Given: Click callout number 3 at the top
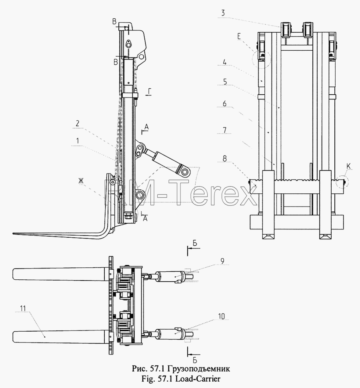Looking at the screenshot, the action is [223, 13].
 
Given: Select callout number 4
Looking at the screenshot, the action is [224, 62].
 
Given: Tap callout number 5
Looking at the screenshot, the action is [225, 82].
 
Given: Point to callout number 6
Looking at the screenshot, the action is [224, 103].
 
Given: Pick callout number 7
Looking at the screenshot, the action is [224, 130].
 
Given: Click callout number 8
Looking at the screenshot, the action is [224, 158].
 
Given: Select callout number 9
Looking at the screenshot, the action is [222, 261].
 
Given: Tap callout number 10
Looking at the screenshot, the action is [221, 316].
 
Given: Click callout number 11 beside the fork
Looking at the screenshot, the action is [23, 308].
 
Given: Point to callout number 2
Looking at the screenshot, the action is [77, 123].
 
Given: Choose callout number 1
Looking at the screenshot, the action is [78, 141].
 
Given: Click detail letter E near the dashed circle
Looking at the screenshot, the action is [239, 36].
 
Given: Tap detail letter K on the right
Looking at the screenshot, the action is [349, 167].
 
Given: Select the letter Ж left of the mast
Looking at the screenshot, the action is [81, 181].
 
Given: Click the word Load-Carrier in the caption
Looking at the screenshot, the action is [198, 378].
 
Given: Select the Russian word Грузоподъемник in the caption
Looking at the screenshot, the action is [198, 368].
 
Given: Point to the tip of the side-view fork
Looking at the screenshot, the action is [13, 233].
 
